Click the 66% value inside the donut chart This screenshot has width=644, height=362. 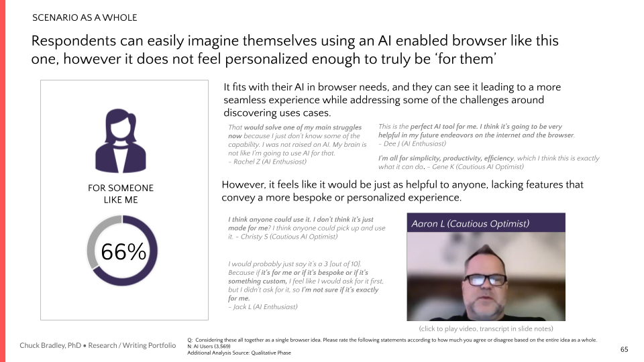pos(123,251)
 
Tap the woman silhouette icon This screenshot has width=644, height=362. pos(121,140)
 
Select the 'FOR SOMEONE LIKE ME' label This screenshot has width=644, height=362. pos(121,194)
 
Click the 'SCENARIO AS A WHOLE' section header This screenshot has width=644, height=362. pos(85,17)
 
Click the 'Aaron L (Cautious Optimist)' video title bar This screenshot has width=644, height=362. pos(486,223)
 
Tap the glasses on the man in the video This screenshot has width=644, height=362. pos(486,280)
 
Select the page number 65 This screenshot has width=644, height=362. pos(624,350)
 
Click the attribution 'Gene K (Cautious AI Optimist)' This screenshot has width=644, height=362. pos(478,167)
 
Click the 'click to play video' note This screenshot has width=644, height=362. pos(486,328)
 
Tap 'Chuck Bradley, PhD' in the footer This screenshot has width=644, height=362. pos(50,345)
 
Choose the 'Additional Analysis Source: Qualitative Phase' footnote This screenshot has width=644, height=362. pos(239,353)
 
